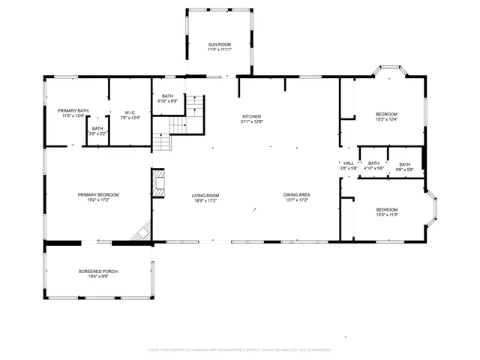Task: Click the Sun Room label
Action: (219, 45)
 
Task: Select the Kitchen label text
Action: (251, 116)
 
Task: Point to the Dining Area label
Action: (297, 195)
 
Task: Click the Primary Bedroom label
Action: (98, 194)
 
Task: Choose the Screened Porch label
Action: (98, 271)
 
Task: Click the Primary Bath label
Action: (73, 110)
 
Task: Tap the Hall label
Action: (349, 163)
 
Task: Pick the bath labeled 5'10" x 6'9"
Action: (167, 96)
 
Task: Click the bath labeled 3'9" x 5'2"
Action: (97, 128)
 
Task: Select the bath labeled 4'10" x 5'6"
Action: (373, 163)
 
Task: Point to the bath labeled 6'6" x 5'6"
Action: (405, 165)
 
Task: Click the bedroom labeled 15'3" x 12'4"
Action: (387, 114)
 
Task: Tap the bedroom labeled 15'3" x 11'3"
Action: (387, 209)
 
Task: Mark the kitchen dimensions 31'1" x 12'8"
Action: (251, 121)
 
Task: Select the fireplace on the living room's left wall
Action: (158, 183)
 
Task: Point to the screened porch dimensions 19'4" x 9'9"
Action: (98, 276)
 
